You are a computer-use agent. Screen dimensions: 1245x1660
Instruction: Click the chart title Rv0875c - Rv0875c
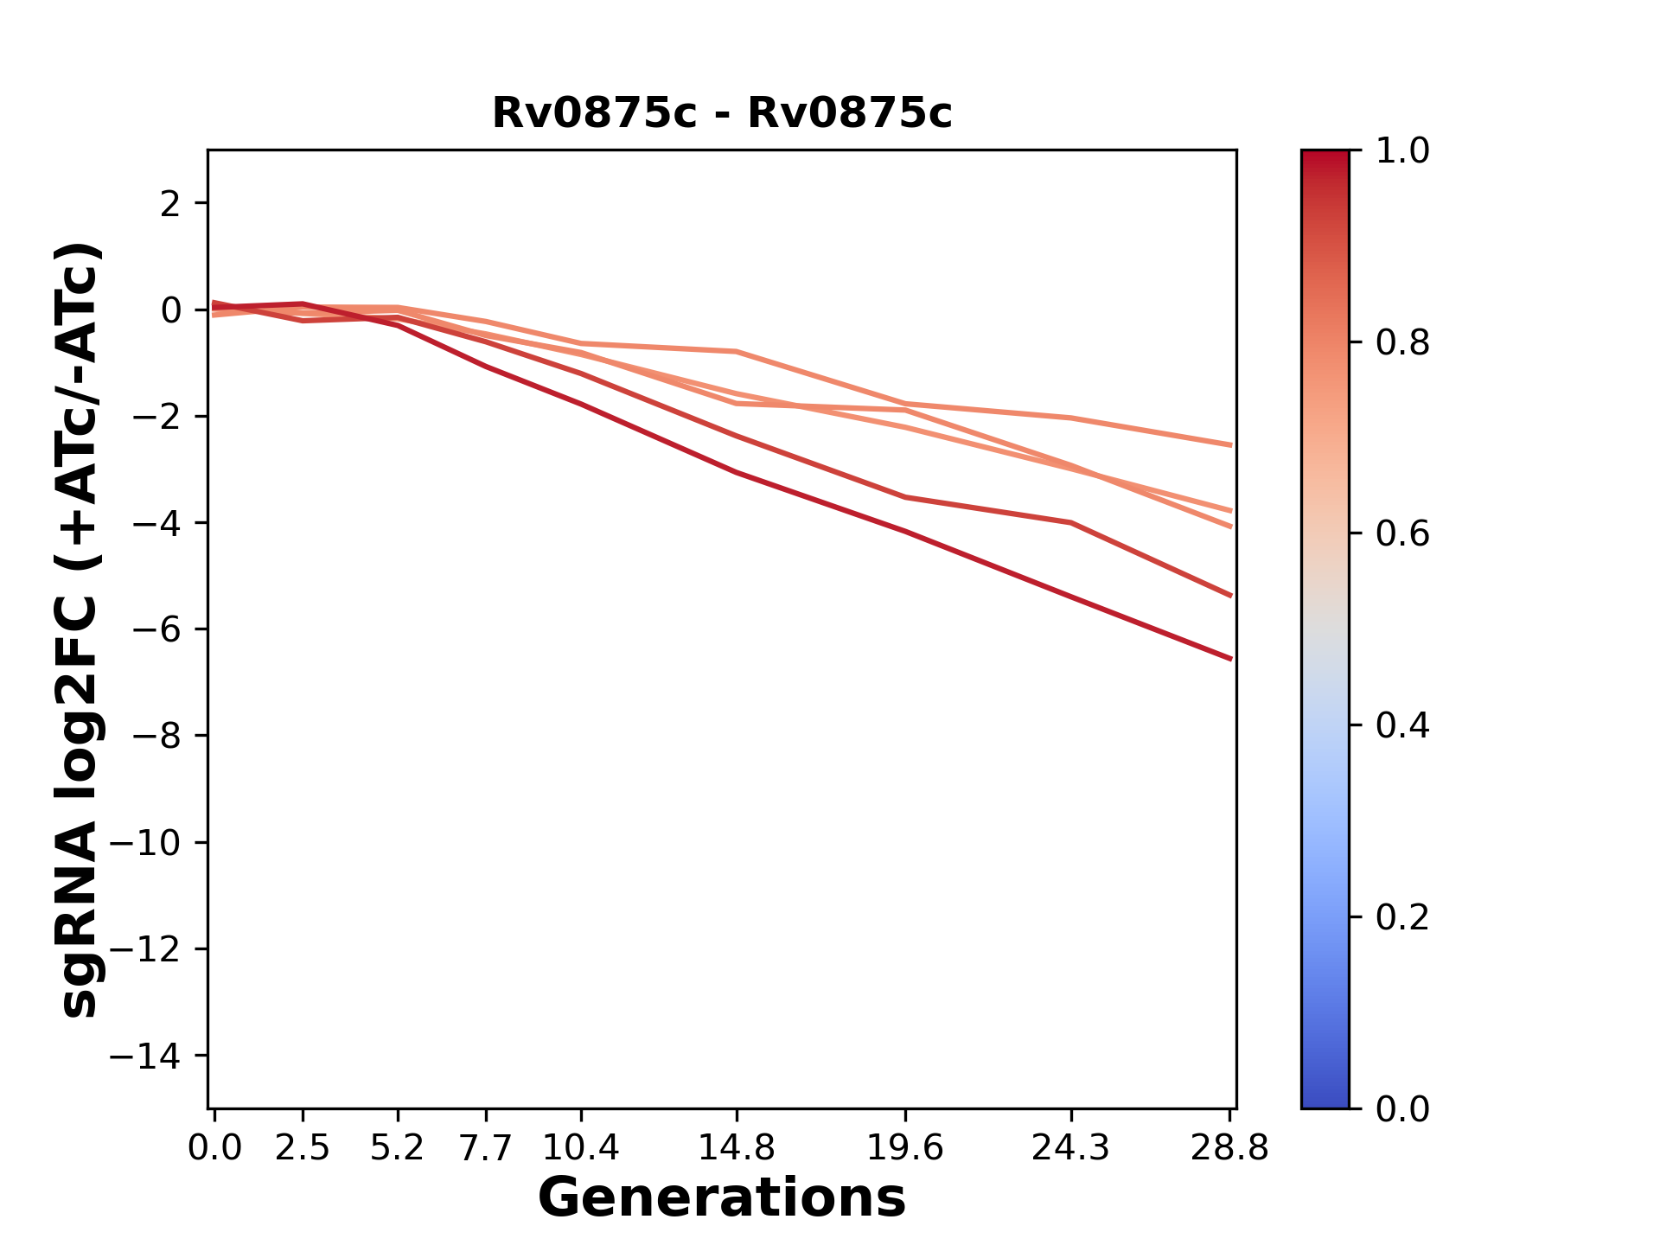[722, 113]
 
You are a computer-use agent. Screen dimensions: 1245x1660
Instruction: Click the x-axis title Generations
[722, 1198]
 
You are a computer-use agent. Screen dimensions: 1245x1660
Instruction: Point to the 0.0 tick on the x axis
[214, 1148]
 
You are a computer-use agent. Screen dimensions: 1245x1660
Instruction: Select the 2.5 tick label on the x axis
[303, 1148]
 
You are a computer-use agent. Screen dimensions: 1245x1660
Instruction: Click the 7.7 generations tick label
[486, 1148]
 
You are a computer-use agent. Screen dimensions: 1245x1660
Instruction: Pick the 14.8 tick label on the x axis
[736, 1148]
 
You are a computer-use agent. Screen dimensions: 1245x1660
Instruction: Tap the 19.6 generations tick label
[905, 1148]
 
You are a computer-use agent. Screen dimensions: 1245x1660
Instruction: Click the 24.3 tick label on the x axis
[1071, 1148]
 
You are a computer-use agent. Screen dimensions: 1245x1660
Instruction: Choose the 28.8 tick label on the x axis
[1229, 1148]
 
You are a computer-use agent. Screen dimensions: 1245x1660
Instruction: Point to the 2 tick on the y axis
[170, 204]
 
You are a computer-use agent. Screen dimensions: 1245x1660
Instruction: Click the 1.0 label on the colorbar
[1402, 151]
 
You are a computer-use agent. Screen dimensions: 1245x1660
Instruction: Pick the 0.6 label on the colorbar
[1402, 534]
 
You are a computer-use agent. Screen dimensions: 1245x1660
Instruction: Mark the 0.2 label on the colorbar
[1402, 917]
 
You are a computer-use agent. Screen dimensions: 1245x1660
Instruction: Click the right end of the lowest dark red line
[1231, 659]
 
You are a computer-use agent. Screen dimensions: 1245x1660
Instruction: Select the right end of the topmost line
[1231, 445]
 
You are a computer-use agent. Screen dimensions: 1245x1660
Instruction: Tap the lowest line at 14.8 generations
[736, 472]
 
